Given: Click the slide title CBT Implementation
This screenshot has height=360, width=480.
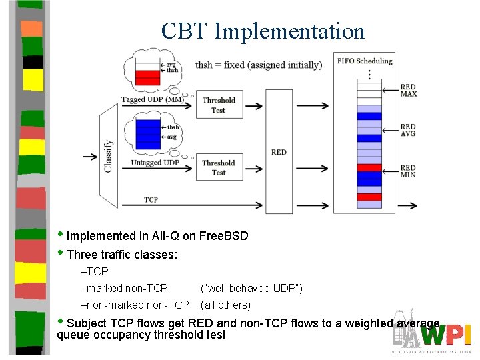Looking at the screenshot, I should point(263,31).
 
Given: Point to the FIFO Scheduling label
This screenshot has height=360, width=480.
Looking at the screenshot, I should point(365,61).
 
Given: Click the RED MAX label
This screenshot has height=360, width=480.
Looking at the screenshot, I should point(408,91).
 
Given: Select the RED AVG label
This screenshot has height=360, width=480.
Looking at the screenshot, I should point(408,130).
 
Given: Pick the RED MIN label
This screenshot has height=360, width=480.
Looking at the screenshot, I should point(408,171).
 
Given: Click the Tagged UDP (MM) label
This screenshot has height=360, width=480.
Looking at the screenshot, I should point(152,100).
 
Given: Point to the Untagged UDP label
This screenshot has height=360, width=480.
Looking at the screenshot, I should point(155,163).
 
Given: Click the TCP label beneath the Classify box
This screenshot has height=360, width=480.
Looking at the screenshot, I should point(151,200).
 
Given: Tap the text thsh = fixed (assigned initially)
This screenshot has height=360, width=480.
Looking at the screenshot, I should point(258,65).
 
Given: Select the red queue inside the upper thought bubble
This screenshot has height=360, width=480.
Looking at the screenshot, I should point(147,77).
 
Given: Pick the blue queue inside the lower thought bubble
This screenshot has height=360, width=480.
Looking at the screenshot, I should point(147,133).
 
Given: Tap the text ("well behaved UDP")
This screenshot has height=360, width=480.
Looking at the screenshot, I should point(251,288).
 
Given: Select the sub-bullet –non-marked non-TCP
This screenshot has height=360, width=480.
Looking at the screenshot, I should point(135,305).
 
